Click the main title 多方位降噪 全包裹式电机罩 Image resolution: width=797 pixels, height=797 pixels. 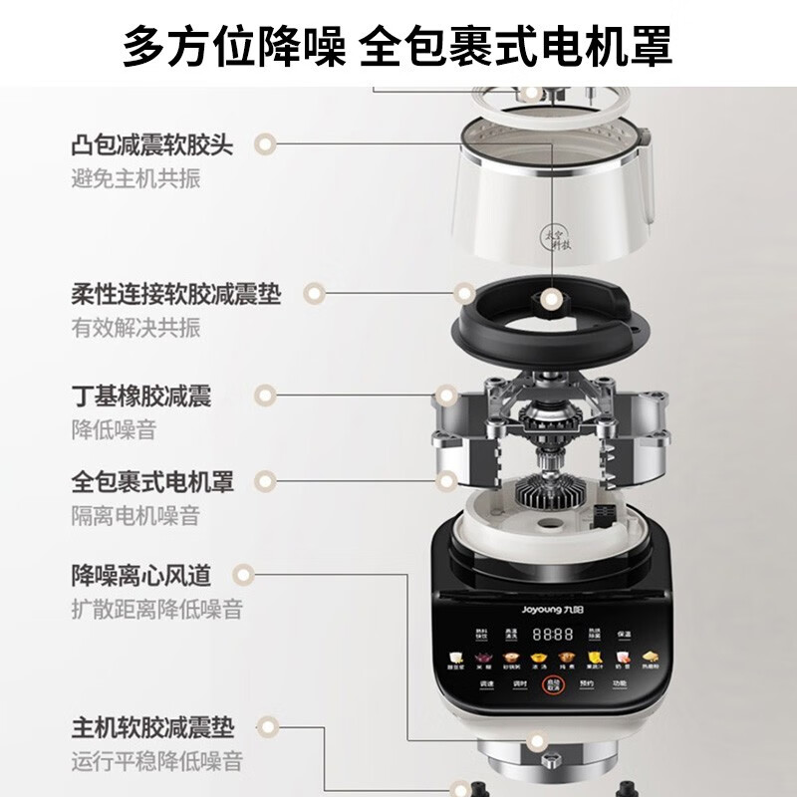point(398,45)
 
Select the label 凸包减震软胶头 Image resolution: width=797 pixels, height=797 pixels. point(152,145)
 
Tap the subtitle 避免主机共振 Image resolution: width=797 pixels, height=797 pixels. point(135,179)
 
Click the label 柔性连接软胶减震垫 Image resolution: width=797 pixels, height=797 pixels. point(176,294)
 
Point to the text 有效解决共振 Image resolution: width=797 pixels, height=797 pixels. point(135,328)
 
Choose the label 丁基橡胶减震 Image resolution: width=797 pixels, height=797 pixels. point(140,395)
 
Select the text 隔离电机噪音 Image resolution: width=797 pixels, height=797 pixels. point(135,515)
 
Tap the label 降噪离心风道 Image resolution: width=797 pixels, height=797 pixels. point(140,574)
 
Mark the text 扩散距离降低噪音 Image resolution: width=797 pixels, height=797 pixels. point(156,608)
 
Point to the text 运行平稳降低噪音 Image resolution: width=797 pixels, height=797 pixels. point(156,762)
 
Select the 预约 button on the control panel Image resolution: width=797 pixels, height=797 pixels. point(586,683)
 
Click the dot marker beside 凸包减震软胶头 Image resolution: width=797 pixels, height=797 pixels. point(264,145)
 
